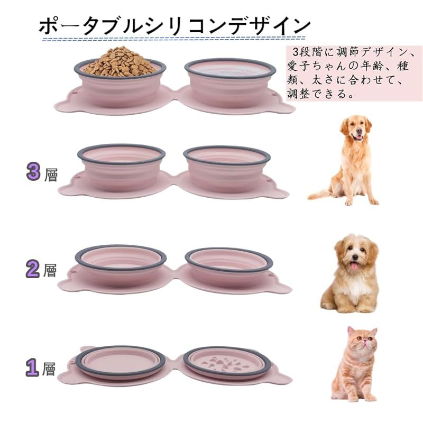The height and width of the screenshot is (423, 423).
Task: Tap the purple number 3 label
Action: tap(33, 171)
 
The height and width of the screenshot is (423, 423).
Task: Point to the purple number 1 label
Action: tap(33, 367)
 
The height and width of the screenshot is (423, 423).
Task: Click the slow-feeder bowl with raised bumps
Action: tap(227, 362)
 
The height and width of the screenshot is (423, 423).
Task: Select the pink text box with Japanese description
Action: tap(354, 73)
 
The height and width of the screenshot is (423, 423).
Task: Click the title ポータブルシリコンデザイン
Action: tap(174, 26)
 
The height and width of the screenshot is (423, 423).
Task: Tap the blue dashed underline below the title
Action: tap(174, 39)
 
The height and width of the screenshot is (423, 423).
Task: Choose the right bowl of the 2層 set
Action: tap(229, 266)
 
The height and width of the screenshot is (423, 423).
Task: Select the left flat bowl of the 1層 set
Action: tap(121, 362)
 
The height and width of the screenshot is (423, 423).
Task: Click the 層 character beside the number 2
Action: tap(50, 270)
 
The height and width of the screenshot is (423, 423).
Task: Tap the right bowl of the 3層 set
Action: tap(227, 169)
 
